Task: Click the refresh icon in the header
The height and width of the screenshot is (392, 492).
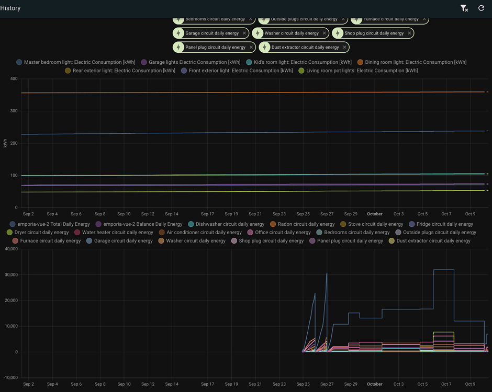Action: coord(481,8)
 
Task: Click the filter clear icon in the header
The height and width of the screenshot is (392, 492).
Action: coord(464,8)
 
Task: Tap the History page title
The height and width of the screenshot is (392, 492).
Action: coord(10,8)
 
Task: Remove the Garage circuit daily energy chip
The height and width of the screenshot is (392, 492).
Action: coord(244,33)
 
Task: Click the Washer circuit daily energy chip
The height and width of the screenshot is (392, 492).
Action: coord(291,33)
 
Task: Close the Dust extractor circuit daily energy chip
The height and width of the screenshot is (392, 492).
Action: coord(344,47)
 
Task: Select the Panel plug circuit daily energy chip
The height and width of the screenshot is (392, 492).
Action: coord(215,47)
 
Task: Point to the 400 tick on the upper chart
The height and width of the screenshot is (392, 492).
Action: coord(14,79)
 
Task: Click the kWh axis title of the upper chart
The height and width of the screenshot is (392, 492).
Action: coord(5,143)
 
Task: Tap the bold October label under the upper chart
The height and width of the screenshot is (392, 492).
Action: coord(375,214)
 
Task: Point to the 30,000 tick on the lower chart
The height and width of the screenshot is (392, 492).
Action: coord(10,275)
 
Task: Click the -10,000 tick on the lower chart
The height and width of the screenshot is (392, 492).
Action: coord(9,378)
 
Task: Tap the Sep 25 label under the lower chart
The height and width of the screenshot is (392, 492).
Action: coord(303,384)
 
